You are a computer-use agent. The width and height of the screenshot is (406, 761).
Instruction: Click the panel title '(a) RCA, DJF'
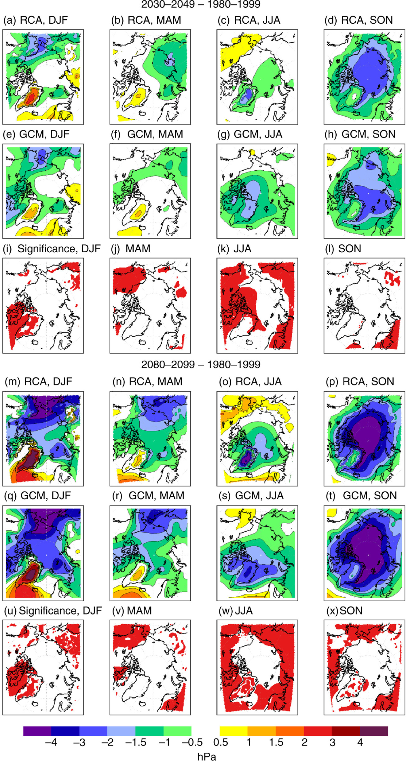(35, 20)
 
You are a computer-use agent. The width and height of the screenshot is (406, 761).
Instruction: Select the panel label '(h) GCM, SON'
(360, 134)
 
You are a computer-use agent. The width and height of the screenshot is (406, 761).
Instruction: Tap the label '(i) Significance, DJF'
(52, 249)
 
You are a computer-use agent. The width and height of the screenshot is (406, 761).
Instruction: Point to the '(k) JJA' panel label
(234, 249)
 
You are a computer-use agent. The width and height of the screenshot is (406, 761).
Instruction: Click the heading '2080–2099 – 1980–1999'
(201, 364)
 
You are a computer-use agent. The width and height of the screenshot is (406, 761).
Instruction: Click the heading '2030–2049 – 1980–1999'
(201, 4)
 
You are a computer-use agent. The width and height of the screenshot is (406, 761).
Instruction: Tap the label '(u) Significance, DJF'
(53, 611)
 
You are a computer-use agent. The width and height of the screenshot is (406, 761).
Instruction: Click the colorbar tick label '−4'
(51, 742)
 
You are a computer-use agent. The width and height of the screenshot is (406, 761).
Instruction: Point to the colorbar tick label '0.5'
(221, 742)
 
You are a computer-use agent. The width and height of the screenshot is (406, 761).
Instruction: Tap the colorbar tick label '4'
(360, 742)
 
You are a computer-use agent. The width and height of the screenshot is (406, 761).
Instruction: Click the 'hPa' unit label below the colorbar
(206, 756)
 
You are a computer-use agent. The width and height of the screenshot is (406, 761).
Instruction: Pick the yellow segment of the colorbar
(234, 731)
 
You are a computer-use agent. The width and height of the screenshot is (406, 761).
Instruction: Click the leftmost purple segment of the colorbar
(37, 731)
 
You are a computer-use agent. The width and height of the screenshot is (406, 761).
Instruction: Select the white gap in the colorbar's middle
(205, 731)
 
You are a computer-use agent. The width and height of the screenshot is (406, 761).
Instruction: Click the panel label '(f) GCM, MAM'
(147, 134)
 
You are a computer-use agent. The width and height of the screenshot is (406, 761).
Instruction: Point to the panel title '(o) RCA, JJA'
(250, 381)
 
